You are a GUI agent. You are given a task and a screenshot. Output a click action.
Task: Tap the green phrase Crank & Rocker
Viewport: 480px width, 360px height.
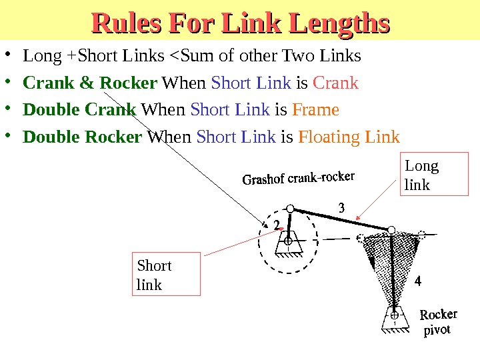(x=90, y=83)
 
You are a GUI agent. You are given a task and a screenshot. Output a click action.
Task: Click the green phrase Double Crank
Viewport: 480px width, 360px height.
(x=79, y=109)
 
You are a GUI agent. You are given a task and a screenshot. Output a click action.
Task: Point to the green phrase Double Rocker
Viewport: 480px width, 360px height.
(x=83, y=137)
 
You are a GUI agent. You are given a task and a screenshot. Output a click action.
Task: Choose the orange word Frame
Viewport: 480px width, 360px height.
(x=316, y=109)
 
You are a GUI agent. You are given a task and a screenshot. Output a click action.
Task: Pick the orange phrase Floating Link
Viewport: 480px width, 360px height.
(x=349, y=137)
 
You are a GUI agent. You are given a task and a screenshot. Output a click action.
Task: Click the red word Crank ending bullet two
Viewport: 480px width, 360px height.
(x=335, y=83)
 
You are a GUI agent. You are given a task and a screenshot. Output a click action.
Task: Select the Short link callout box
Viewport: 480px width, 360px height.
(x=167, y=274)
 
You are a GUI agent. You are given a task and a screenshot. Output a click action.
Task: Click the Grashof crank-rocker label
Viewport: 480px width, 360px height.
(x=298, y=179)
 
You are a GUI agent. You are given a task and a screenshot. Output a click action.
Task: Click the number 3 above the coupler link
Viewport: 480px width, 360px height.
(x=341, y=209)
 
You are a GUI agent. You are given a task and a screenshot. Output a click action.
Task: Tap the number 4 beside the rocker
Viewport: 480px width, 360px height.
(x=418, y=281)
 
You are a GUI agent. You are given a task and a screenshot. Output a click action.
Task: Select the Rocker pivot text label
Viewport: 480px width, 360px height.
(x=438, y=322)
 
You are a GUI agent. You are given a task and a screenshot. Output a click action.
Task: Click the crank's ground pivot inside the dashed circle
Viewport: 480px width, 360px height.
(x=289, y=242)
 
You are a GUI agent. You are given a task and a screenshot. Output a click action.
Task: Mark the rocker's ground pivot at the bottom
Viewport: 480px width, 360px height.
(x=395, y=314)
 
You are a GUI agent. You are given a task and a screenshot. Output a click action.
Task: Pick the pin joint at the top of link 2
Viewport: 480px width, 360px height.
(x=291, y=209)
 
